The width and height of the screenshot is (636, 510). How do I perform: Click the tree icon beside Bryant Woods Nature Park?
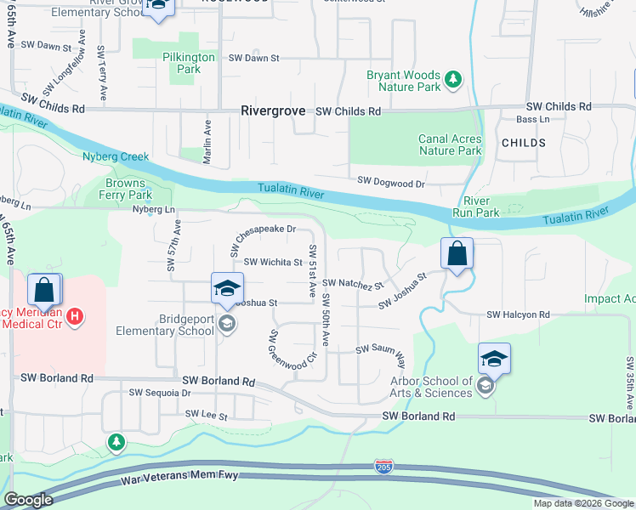pos(454,80)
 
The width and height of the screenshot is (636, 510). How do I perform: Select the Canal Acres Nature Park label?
pos(450,144)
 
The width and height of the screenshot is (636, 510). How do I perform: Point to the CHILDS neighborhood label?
pos(524,143)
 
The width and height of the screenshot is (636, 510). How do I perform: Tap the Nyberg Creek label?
pos(116,156)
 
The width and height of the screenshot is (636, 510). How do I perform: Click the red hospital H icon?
pos(76,316)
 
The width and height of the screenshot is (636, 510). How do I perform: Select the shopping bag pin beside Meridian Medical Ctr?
pos(44,290)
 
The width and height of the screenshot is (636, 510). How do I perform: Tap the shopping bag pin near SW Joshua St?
pos(457,253)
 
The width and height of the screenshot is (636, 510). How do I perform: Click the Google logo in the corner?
pos(28,500)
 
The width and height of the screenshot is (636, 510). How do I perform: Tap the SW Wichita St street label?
pos(273,263)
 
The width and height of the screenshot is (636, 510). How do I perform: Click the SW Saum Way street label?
pos(380,348)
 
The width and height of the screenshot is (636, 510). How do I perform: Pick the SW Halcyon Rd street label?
pos(518,315)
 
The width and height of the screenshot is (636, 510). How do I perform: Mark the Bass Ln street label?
pos(533,120)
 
